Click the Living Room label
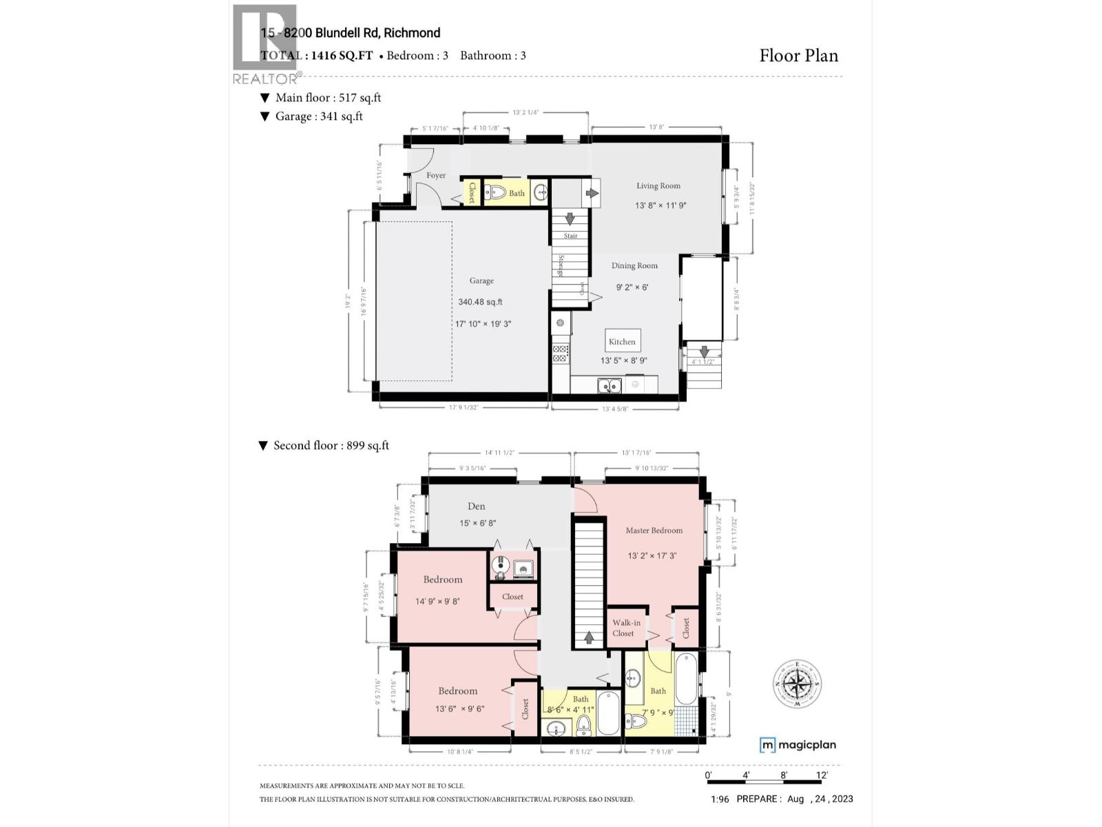coord(658,186)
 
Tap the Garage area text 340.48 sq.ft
coord(480,302)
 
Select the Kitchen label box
coord(622,341)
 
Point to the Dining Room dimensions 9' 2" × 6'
coord(632,287)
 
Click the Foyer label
coord(435,176)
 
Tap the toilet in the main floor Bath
coord(496,193)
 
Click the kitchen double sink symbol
coord(609,385)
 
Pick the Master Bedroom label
coord(654,531)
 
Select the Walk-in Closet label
coord(625,628)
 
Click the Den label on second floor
coord(477,507)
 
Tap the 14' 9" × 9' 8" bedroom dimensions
coord(437,602)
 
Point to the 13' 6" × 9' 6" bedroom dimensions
coord(459,708)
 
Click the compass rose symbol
coord(797,684)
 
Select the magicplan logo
coord(798,745)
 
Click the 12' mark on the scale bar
coord(822,775)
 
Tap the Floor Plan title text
coord(798,56)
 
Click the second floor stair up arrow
coord(589,637)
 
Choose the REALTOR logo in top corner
coord(264,43)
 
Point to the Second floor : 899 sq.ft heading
coord(324,446)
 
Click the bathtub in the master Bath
coord(686,679)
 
